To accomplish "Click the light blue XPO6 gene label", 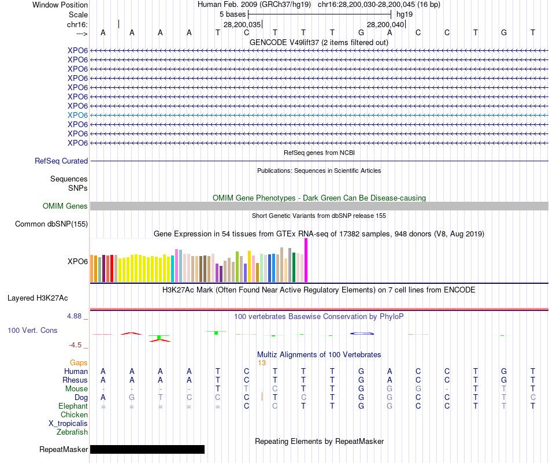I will coord(77,115).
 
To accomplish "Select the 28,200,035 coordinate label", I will coord(242,25).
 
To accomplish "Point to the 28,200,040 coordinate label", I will coord(385,25).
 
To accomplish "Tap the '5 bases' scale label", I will coord(233,14).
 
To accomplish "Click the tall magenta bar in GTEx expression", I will coord(306,260).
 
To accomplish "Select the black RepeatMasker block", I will coord(147,449).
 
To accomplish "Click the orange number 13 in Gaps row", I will coord(262,363).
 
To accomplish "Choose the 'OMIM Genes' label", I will coord(65,206).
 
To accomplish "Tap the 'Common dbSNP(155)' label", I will coord(51,224).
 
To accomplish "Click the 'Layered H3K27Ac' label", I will coord(38,298).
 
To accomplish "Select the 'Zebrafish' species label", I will coord(72,432).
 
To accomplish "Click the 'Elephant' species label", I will coord(73,406).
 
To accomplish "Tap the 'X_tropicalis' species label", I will coord(68,423).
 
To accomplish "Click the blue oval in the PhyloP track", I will coord(362,334).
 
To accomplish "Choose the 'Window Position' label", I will coord(60,5).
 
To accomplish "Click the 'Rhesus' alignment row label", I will coord(75,380).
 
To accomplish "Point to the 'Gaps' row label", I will coord(79,363).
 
